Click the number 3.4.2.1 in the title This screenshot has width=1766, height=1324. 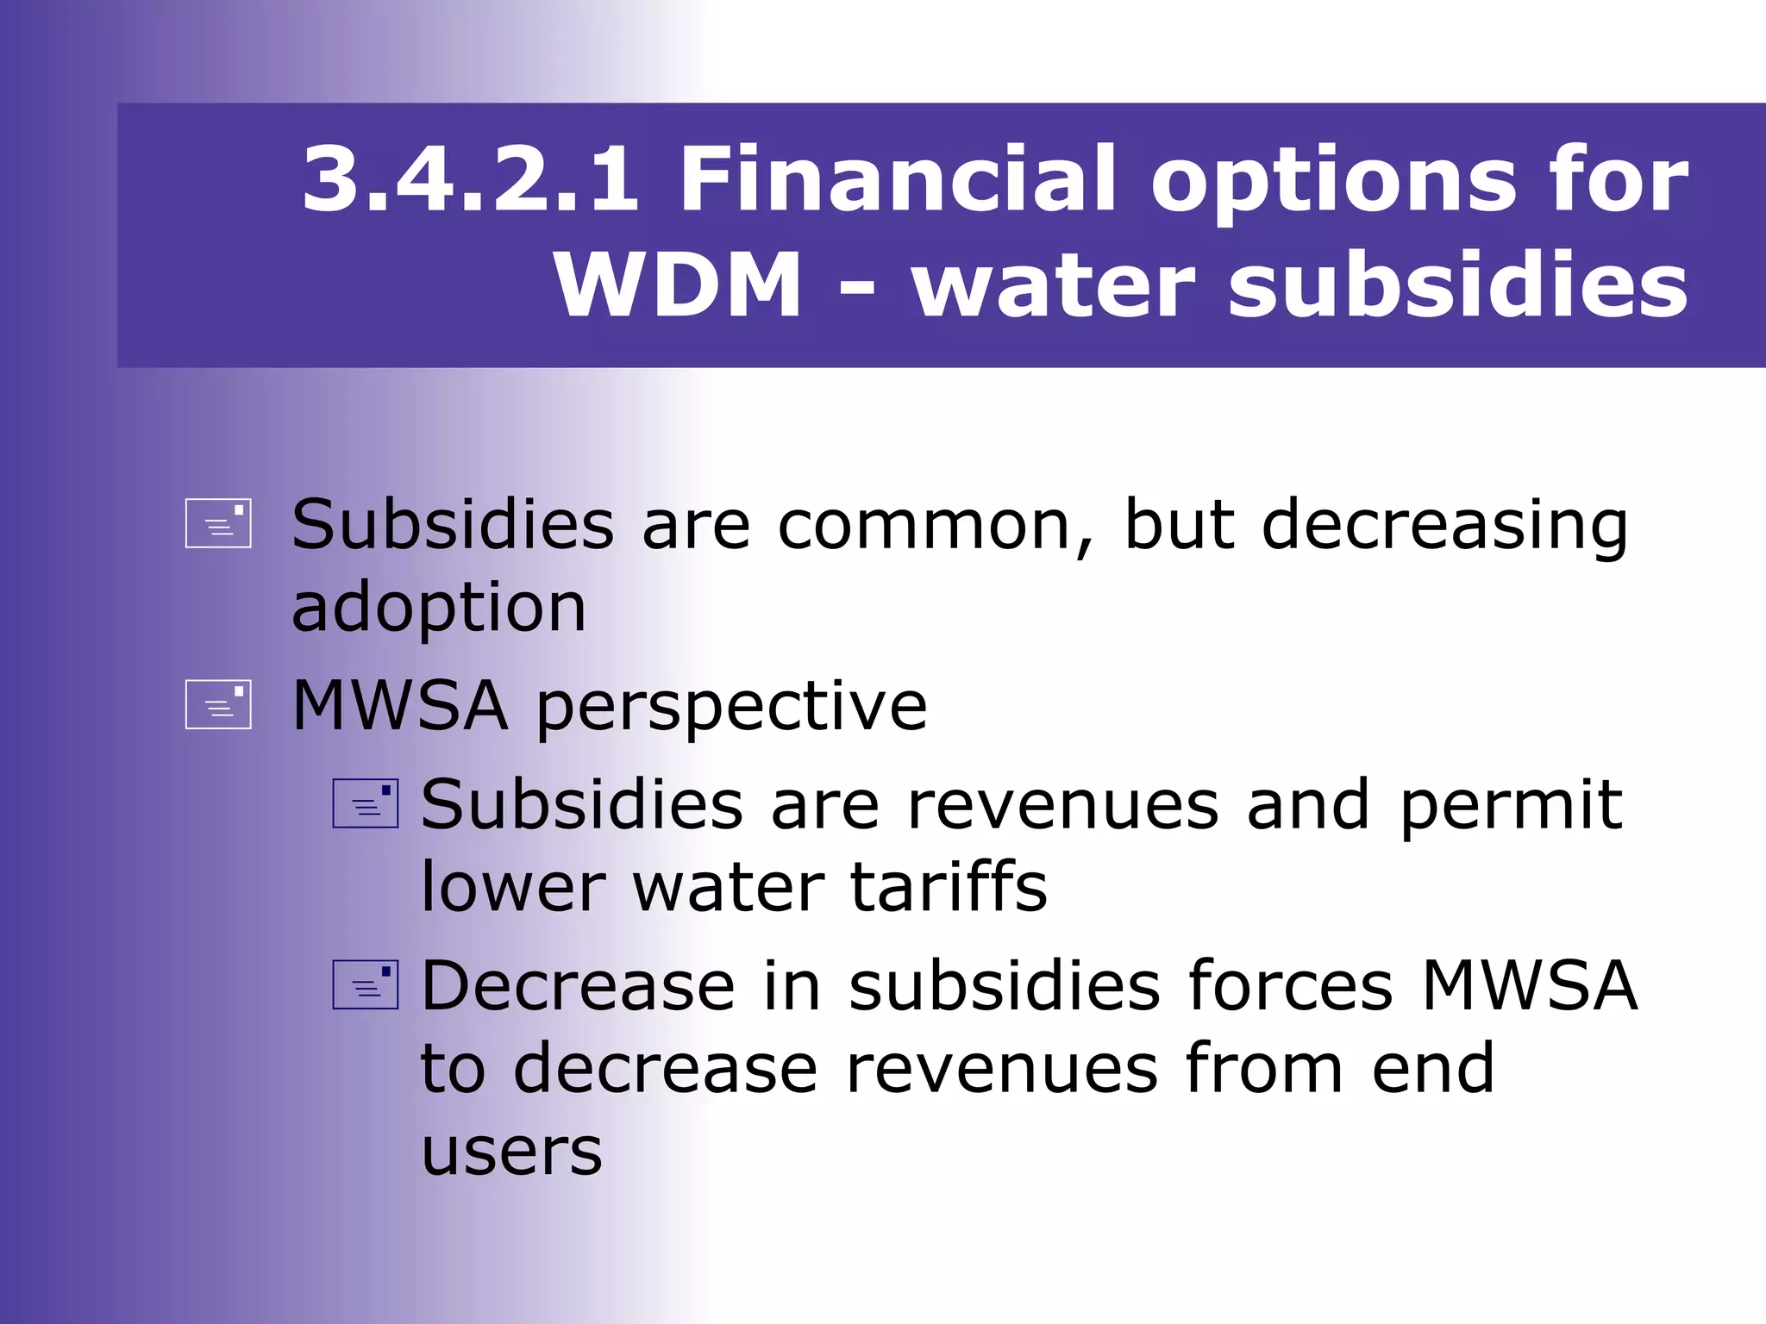(x=471, y=179)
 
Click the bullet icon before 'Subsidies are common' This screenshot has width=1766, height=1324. (x=218, y=523)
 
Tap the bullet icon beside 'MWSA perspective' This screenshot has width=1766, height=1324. (x=218, y=704)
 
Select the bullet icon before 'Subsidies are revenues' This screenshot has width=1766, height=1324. (x=366, y=803)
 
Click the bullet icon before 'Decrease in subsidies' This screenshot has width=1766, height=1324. (x=366, y=984)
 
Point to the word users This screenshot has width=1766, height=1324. (x=511, y=1152)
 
